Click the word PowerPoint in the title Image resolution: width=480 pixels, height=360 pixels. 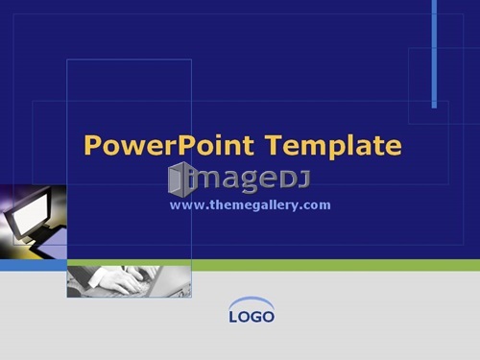coord(169,146)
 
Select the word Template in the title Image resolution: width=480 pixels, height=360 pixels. coord(333,146)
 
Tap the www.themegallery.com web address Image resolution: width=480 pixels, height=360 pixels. coord(251,205)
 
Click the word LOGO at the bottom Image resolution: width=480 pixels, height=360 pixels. coord(252,317)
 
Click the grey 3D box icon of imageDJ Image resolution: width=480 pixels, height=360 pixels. coord(180,180)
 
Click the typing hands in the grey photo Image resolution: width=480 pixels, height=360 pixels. coord(122,280)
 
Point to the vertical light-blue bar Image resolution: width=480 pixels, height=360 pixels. coord(434,54)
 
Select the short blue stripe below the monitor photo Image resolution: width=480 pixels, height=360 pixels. coord(34,265)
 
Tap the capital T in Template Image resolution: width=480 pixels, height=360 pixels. coord(274,145)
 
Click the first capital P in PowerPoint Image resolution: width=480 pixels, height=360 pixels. coord(92,145)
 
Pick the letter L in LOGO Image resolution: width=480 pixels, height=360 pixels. coord(233,317)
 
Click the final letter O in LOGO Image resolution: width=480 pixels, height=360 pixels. coord(268,317)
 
